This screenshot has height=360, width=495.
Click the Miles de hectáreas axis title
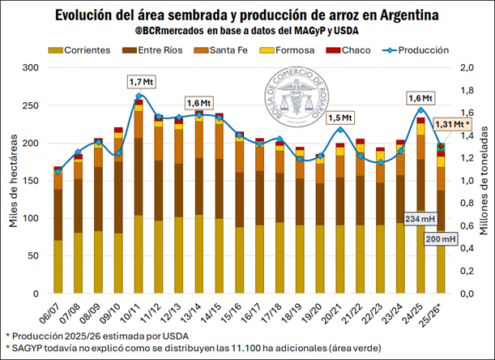coord(12,181)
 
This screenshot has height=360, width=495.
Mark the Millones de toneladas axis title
coord(484,181)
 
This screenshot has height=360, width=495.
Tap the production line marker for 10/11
coord(139,97)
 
